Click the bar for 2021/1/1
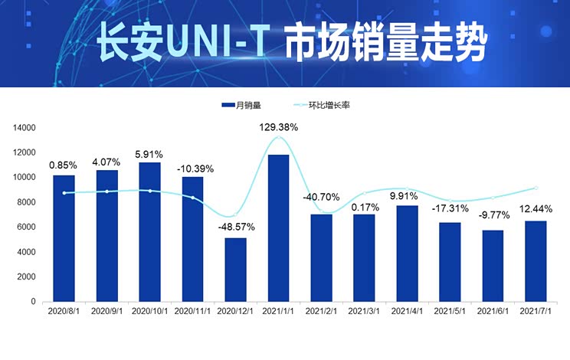(x=278, y=228)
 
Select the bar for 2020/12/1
(x=235, y=270)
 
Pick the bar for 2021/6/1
(x=492, y=266)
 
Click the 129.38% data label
(x=278, y=127)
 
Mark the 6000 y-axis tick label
(x=28, y=227)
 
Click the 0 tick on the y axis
(x=34, y=302)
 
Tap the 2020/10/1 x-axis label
(x=149, y=312)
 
